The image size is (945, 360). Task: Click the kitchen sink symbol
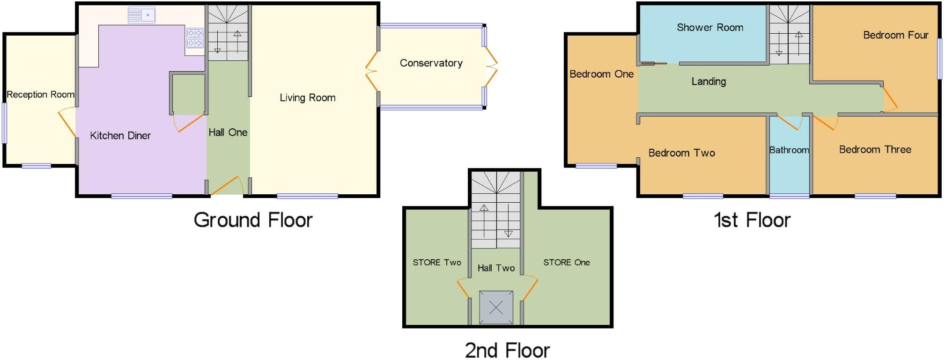141,15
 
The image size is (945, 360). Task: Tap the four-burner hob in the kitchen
195,38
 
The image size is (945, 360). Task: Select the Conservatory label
431,63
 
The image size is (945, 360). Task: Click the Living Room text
307,98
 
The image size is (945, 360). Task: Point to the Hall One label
228,132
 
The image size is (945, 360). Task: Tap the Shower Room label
709,28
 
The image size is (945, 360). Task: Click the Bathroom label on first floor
789,150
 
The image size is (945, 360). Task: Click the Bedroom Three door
824,123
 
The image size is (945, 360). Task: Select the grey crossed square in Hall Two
496,308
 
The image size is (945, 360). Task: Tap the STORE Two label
436,263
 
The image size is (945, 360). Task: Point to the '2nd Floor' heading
507,350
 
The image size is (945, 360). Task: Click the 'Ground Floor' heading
253,220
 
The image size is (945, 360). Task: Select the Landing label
709,81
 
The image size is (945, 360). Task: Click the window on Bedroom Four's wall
939,59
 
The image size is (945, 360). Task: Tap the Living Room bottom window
307,196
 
